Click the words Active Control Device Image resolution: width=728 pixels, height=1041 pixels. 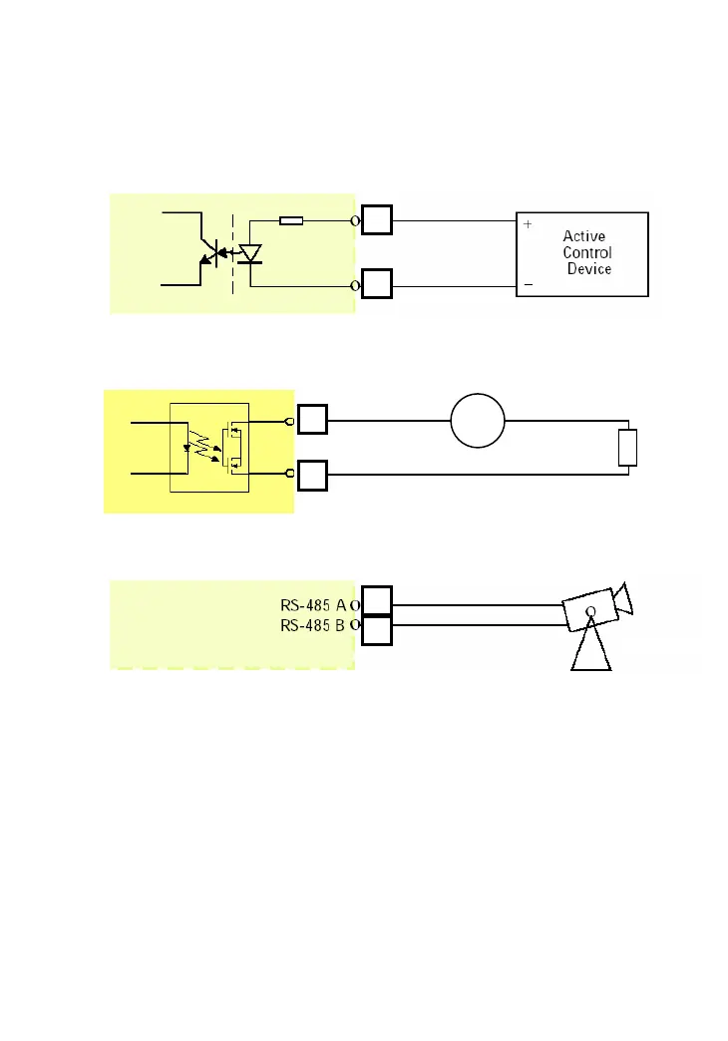(587, 252)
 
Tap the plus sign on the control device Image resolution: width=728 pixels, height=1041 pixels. (528, 225)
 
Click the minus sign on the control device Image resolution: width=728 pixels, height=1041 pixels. (528, 284)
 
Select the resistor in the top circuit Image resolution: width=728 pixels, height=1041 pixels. (291, 220)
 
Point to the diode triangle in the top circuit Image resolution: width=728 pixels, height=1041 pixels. (249, 253)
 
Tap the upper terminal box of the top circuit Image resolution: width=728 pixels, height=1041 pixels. (377, 220)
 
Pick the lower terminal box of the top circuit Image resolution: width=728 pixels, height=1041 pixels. (377, 285)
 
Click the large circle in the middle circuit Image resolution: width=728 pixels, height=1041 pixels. (478, 421)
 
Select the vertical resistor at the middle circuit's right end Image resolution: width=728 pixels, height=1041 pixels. (627, 448)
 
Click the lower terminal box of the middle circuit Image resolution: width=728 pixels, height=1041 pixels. (312, 476)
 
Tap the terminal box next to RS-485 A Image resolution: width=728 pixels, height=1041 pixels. (377, 602)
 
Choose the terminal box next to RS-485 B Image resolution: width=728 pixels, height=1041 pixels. (377, 630)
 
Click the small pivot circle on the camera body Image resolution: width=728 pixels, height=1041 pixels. (590, 611)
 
